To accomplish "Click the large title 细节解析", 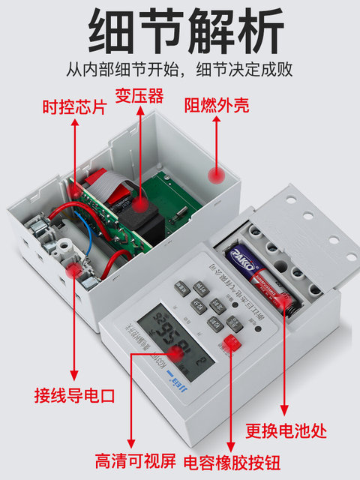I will pyautogui.click(x=180, y=31).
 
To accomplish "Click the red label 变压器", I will pyautogui.click(x=138, y=96).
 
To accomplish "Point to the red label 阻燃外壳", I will pyautogui.click(x=217, y=106).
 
